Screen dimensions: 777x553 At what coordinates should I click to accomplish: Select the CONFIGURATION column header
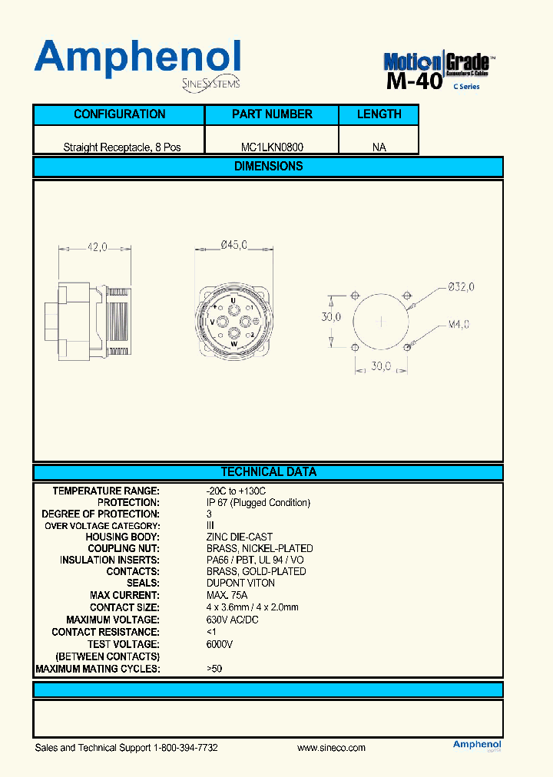click(x=119, y=114)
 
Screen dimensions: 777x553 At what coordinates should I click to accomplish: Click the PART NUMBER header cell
click(x=272, y=114)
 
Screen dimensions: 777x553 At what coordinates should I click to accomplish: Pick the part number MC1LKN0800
click(x=272, y=147)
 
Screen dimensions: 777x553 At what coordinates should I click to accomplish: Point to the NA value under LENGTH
click(x=379, y=147)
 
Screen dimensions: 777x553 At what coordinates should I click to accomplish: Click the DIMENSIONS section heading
click(x=268, y=167)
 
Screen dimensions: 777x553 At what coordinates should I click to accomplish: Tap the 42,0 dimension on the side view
click(x=98, y=247)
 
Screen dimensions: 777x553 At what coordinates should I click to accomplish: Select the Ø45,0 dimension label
click(x=233, y=245)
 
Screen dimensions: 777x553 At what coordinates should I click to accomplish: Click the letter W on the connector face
click(x=233, y=345)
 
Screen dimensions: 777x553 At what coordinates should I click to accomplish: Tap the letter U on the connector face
click(x=233, y=300)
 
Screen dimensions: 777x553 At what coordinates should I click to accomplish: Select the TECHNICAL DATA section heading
click(x=268, y=472)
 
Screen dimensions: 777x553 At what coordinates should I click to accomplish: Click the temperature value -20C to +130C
click(x=236, y=491)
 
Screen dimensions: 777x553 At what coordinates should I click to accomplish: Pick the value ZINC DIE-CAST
click(x=240, y=537)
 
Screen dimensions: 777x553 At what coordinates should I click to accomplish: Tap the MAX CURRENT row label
click(x=124, y=595)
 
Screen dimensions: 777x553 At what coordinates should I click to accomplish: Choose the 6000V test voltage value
click(x=220, y=644)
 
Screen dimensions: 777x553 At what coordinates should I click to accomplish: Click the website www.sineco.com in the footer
click(x=331, y=748)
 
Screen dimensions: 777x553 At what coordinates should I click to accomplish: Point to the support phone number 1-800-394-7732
click(x=186, y=748)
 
